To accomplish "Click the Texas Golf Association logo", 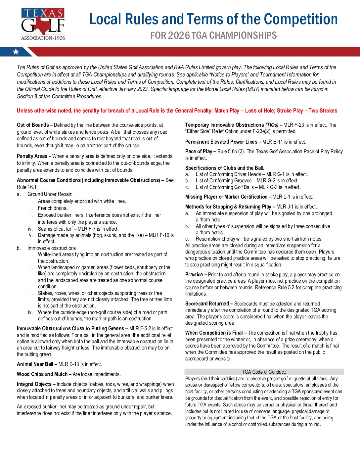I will tap(43, 24).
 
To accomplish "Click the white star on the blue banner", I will tap(16, 52).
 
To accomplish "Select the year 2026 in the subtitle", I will tap(179, 35).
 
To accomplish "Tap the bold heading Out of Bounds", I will tap(33, 125).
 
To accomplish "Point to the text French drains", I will tap(53, 208).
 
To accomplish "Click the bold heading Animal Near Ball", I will tap(35, 364).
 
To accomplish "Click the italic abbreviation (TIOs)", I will tap(272, 125).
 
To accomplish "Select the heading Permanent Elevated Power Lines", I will tap(221, 142).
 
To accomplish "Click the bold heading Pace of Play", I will tap(199, 152).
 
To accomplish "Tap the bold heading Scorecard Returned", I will tap(207, 304).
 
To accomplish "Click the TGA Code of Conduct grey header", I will tap(264, 372).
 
